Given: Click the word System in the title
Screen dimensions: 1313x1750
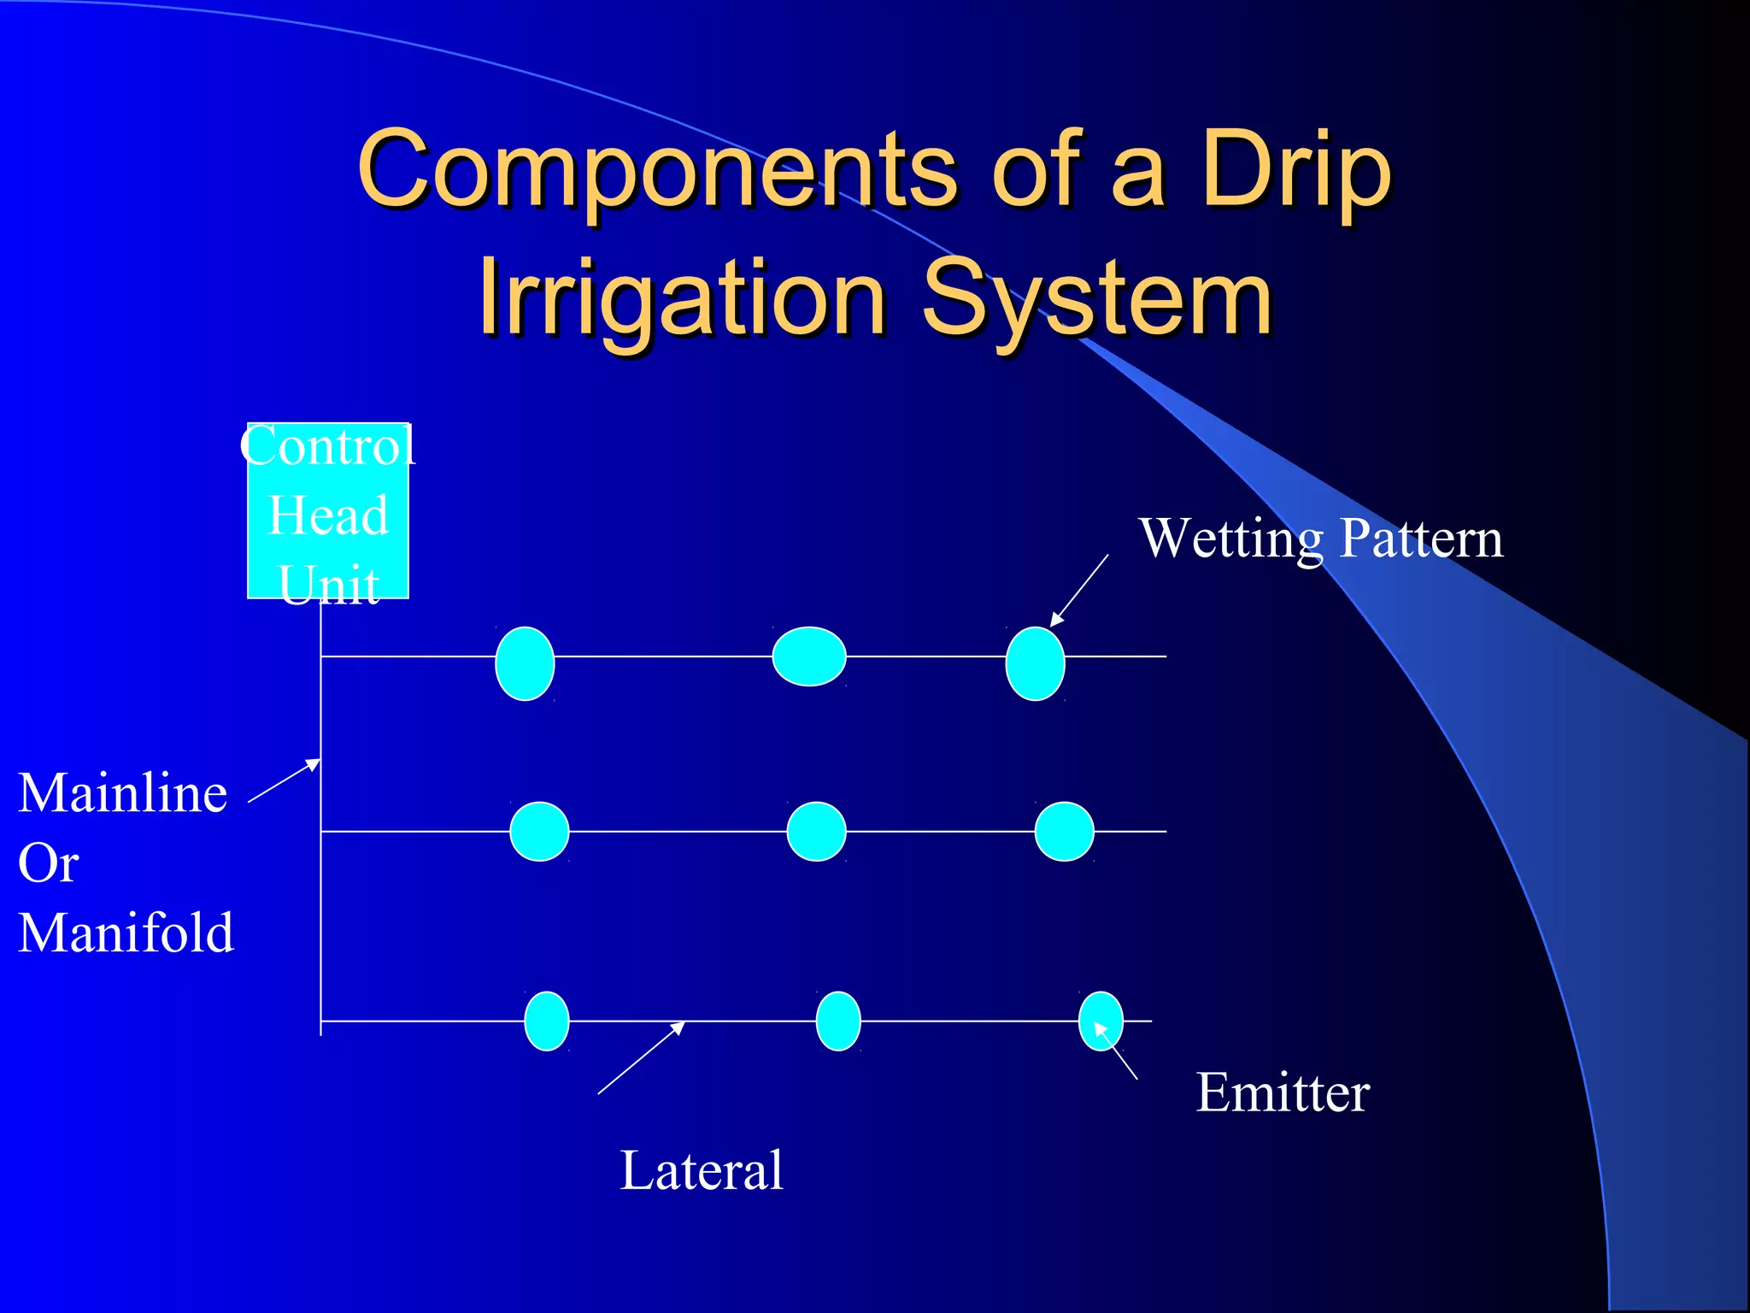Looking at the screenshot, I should point(1098,299).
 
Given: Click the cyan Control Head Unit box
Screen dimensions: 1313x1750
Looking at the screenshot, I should point(327,511).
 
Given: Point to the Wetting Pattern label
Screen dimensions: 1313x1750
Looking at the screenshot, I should point(1320,539).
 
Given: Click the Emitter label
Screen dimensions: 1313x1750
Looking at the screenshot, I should point(1282,1092).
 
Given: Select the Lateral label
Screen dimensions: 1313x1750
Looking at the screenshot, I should point(701,1170).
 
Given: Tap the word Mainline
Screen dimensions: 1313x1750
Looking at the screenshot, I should point(123,793).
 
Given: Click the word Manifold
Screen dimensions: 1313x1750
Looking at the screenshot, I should point(126,933).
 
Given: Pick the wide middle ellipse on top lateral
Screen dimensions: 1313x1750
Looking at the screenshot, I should point(808,656).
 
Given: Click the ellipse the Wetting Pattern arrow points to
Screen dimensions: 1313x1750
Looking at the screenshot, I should point(1035,663).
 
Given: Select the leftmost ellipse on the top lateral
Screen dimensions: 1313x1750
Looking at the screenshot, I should point(525,663).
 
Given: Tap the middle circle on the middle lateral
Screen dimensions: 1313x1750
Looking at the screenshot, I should point(816,831).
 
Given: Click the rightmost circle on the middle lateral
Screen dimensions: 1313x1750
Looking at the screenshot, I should point(1064,831).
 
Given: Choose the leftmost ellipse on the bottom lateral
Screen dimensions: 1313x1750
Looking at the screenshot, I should point(546,1021).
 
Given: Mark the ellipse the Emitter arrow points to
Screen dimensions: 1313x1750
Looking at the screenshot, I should point(1101,1021).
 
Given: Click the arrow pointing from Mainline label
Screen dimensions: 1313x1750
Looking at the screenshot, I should point(284,781).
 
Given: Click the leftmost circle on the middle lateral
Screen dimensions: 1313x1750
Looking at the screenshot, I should point(539,831).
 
